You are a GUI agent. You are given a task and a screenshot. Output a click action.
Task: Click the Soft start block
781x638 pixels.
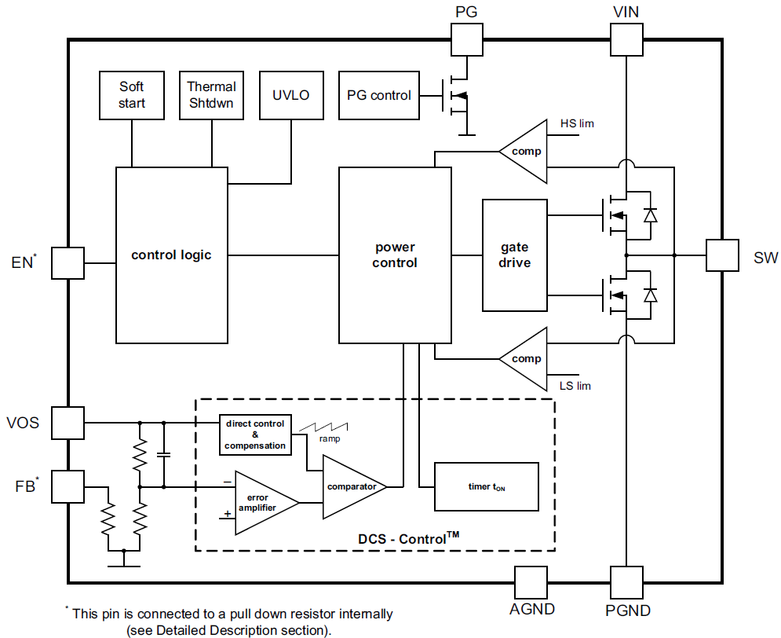[x=132, y=95]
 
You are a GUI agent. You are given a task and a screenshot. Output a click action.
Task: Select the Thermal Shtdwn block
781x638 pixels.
[x=211, y=95]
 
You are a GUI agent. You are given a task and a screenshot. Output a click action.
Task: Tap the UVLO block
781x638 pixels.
[x=291, y=95]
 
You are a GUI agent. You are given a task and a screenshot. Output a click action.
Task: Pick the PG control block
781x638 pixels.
[x=378, y=95]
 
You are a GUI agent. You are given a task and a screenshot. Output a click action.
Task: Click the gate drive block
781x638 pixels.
[x=514, y=255]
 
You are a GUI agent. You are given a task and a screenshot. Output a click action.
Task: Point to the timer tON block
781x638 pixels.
[x=487, y=487]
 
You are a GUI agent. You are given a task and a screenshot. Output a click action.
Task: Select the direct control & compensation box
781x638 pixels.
[x=255, y=435]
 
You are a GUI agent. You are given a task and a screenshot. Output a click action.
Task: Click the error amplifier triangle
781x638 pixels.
[x=263, y=503]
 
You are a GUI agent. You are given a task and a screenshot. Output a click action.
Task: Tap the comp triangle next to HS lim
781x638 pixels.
[x=524, y=151]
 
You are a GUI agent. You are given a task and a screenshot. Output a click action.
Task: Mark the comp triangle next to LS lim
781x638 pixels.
[x=524, y=359]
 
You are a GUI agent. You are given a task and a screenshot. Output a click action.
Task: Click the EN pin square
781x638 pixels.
[x=68, y=262]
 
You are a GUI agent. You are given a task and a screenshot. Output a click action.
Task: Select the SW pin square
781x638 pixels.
[x=722, y=255]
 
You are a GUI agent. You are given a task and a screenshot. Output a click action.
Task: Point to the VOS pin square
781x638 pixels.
[x=68, y=423]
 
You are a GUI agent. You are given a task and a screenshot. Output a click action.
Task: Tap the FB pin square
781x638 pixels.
[x=68, y=487]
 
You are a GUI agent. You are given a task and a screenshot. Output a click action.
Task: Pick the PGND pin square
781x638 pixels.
[x=626, y=583]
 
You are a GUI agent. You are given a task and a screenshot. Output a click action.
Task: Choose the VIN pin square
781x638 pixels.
[x=626, y=38]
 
